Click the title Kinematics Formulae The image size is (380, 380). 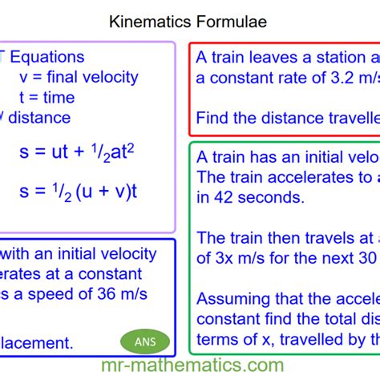point(188,22)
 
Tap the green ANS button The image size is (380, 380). point(146,342)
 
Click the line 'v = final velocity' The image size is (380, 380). point(79,78)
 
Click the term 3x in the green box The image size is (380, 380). point(222,258)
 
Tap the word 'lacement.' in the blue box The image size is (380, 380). point(37,343)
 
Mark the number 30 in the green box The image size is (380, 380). point(366,258)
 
